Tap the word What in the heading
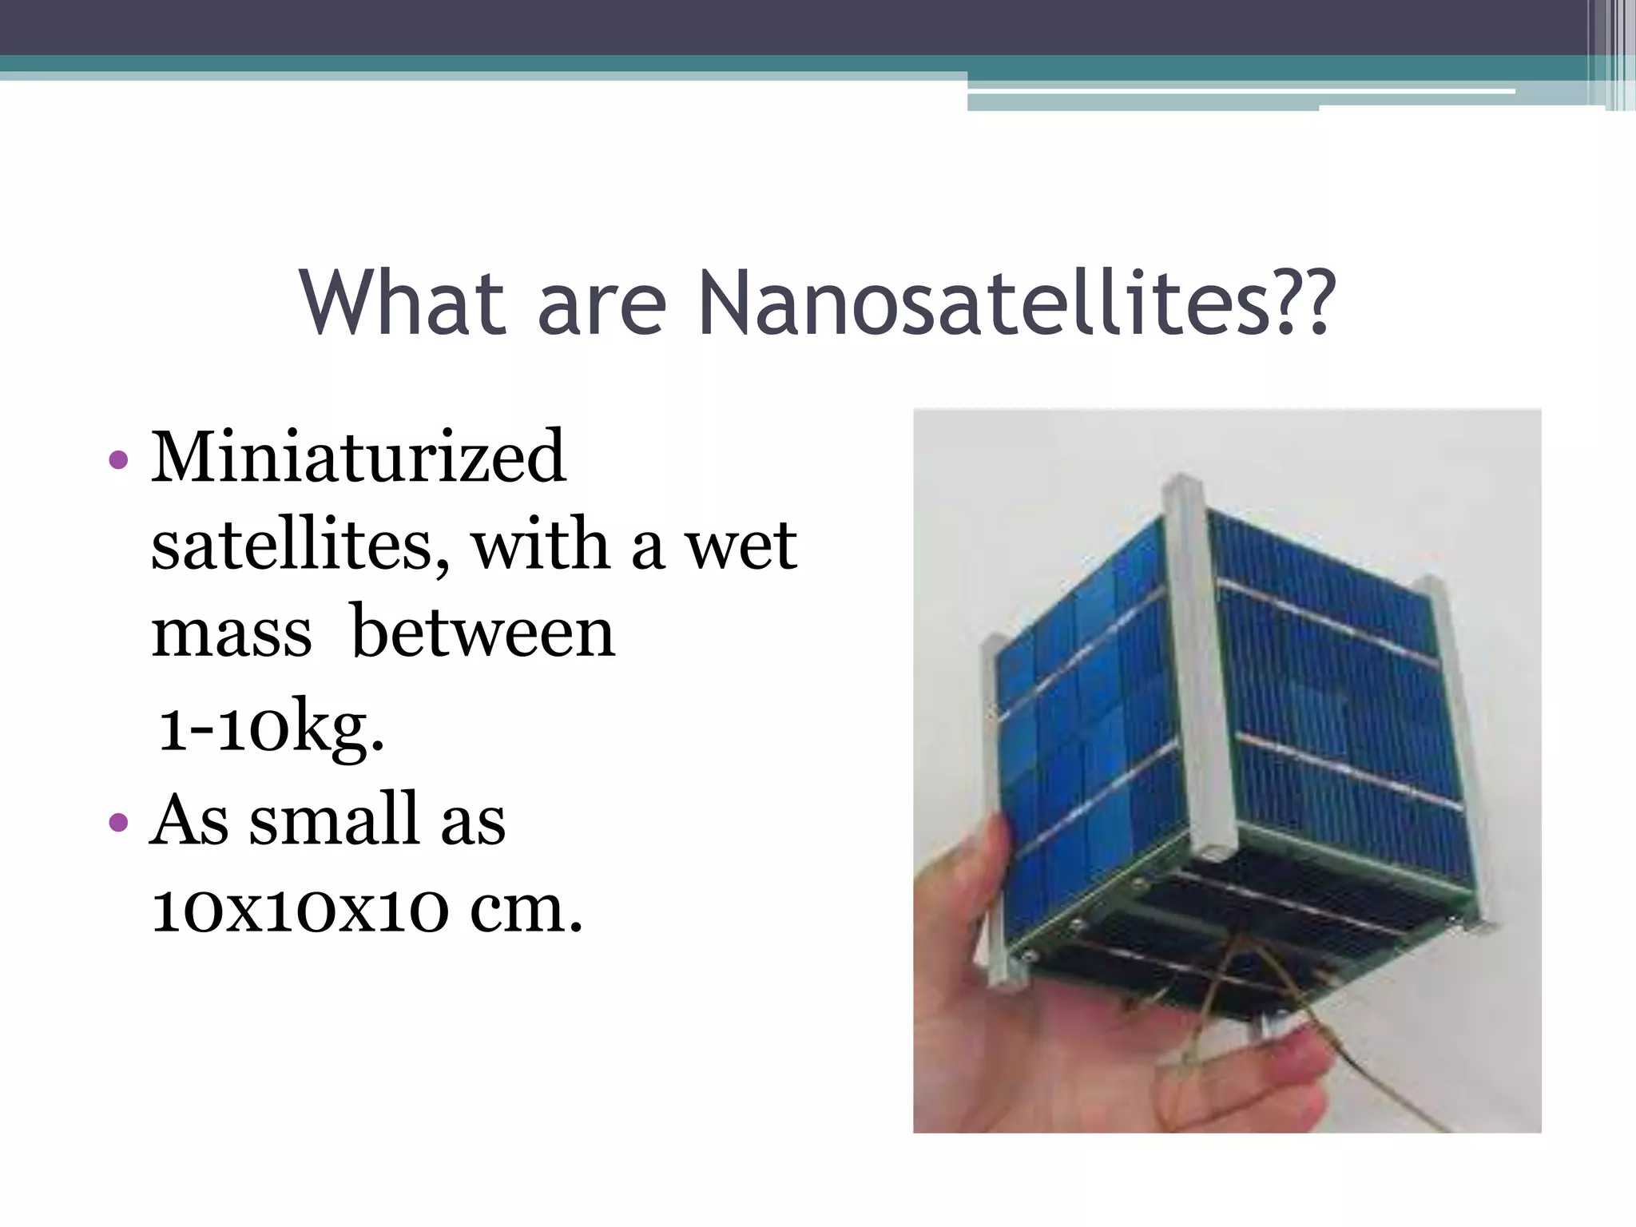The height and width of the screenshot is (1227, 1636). [403, 304]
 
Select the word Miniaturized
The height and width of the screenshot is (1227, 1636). [359, 457]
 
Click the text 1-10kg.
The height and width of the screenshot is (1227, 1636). [271, 725]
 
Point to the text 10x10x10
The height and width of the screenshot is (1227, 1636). [300, 910]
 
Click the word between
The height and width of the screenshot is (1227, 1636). [483, 633]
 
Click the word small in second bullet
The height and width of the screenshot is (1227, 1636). [334, 820]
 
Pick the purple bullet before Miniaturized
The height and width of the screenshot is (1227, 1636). [117, 460]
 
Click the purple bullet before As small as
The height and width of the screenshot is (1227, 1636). [117, 822]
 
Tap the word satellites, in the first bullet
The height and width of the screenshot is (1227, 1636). [300, 546]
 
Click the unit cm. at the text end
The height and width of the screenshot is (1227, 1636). [526, 910]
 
